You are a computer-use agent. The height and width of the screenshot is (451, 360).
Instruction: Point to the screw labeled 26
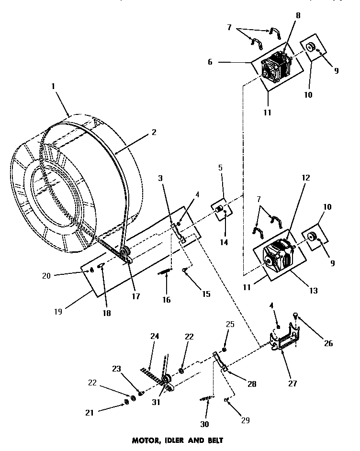click(294, 316)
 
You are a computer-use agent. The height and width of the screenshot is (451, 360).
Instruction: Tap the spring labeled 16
click(165, 272)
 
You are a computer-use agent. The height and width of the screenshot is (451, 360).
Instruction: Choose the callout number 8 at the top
click(297, 15)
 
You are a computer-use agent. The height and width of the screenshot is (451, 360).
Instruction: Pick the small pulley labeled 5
click(220, 209)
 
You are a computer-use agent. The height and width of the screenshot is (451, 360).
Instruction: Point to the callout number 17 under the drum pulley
click(136, 296)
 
